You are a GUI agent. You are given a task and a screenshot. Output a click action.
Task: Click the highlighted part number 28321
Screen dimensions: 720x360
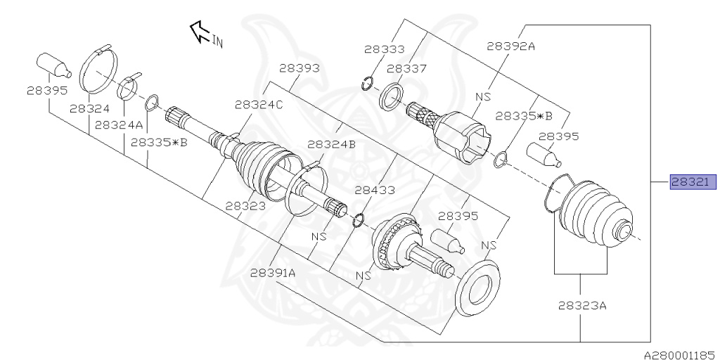click(693, 182)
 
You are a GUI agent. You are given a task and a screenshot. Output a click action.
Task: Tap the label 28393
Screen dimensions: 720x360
click(300, 68)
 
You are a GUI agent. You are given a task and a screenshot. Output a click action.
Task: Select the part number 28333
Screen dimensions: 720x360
click(385, 49)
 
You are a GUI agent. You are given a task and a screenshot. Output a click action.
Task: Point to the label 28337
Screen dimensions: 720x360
click(406, 68)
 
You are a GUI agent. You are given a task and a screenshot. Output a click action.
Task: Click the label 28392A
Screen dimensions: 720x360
click(510, 46)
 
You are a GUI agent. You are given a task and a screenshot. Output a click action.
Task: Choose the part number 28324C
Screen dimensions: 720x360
click(259, 105)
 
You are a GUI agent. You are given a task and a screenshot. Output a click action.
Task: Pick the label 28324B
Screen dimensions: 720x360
click(332, 145)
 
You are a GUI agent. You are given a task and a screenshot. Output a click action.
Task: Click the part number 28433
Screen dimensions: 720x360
click(375, 190)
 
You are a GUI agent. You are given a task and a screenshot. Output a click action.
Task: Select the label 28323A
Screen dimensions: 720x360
click(582, 305)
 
